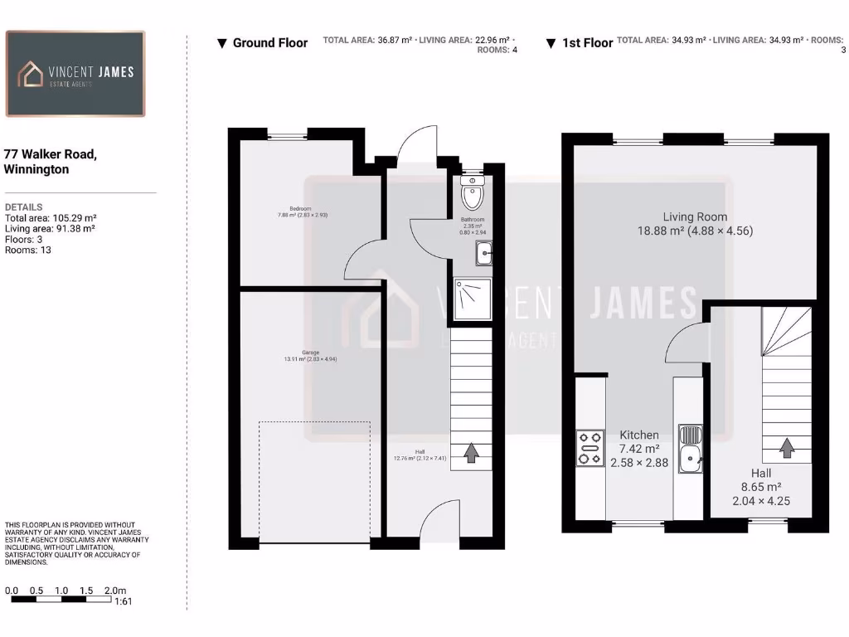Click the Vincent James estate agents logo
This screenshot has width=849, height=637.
pyautogui.click(x=75, y=74)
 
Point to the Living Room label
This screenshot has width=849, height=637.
pyautogui.click(x=696, y=224)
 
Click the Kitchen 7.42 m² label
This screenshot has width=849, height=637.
pyautogui.click(x=639, y=448)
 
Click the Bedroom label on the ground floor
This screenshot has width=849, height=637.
pyautogui.click(x=300, y=212)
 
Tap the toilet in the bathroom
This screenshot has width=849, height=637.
pyautogui.click(x=473, y=195)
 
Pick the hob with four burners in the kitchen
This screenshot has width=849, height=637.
pyautogui.click(x=590, y=448)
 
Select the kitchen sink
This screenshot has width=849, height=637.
pyautogui.click(x=690, y=448)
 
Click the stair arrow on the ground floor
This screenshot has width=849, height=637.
pyautogui.click(x=471, y=453)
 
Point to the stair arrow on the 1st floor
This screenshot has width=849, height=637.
pyautogui.click(x=785, y=448)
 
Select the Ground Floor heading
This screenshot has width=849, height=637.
pyautogui.click(x=262, y=43)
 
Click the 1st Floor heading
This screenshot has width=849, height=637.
pyautogui.click(x=580, y=43)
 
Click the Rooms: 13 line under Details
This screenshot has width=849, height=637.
pyautogui.click(x=28, y=250)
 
